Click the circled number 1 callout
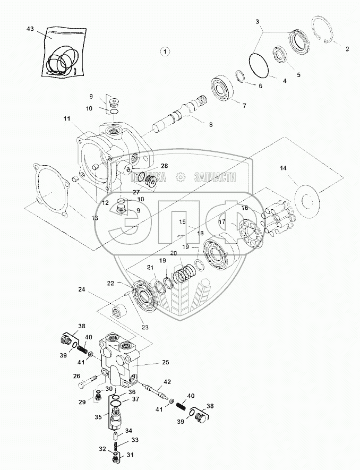(166, 52)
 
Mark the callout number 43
(30, 28)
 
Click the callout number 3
(258, 21)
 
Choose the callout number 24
(82, 289)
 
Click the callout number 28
(164, 166)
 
